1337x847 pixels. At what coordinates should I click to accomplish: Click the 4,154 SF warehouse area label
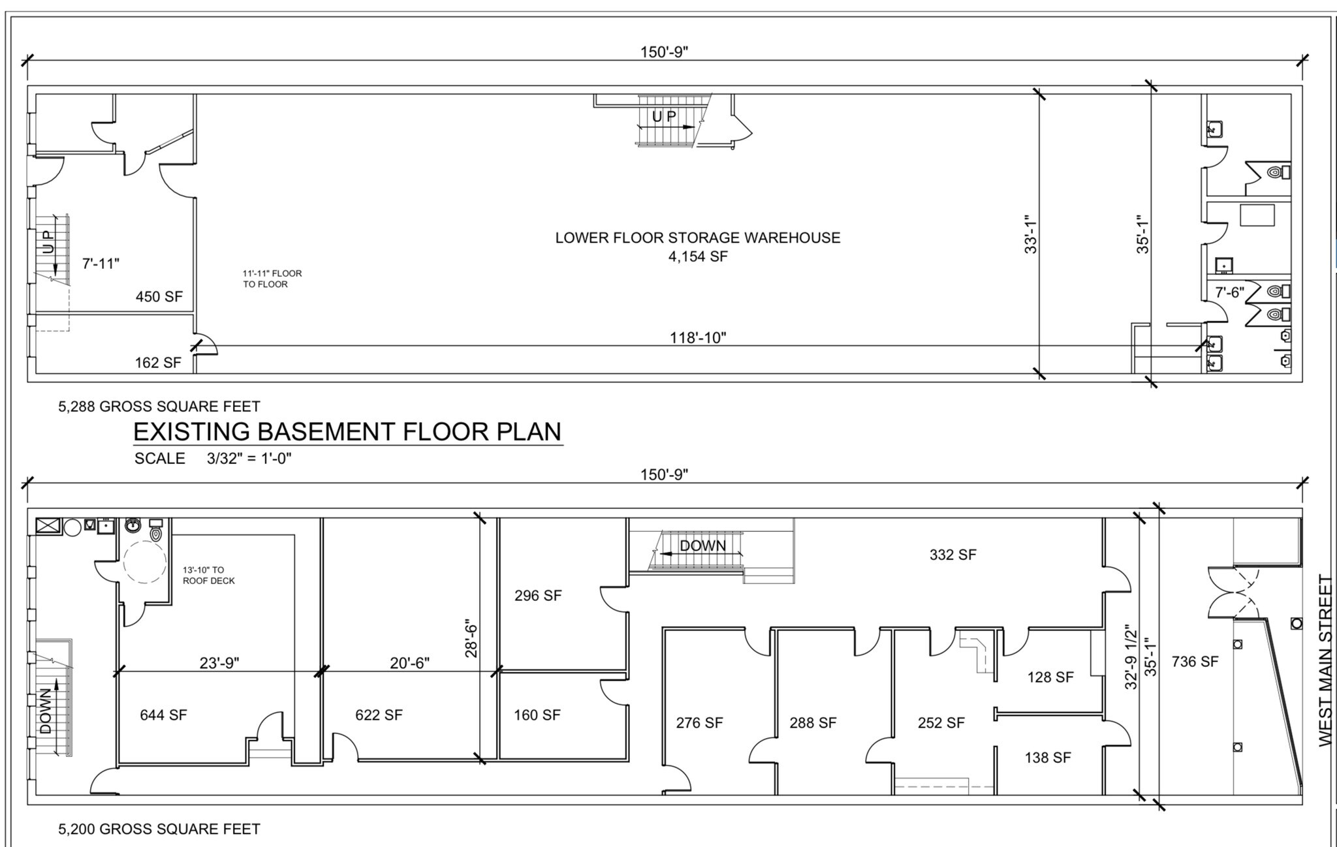(x=697, y=256)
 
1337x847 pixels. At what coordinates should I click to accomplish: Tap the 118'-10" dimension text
(x=697, y=337)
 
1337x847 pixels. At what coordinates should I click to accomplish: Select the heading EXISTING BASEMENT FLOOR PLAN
(x=347, y=432)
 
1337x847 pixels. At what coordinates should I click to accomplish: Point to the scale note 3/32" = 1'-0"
(x=249, y=458)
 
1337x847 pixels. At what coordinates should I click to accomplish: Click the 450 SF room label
(x=159, y=297)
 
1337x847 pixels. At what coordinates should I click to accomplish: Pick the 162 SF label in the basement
(x=157, y=363)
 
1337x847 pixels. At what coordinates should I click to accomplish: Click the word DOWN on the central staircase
(x=702, y=546)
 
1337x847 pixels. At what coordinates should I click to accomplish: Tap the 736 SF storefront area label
(x=1194, y=662)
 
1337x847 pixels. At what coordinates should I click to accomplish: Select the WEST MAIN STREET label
(x=1325, y=660)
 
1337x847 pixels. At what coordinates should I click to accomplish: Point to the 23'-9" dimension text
(x=219, y=663)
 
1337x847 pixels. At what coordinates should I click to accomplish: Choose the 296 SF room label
(x=537, y=595)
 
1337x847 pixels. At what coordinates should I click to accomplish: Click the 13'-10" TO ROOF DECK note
(x=208, y=575)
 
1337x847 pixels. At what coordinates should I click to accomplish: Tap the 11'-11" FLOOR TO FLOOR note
(x=272, y=279)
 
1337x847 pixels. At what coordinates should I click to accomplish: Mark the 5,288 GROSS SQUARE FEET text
(x=159, y=407)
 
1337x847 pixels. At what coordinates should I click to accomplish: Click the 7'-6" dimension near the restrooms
(x=1229, y=292)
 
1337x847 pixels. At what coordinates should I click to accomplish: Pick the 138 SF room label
(x=1047, y=758)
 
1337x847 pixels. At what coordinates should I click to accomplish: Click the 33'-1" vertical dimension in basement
(x=1030, y=234)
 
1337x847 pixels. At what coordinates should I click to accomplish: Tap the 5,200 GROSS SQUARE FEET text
(x=159, y=829)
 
